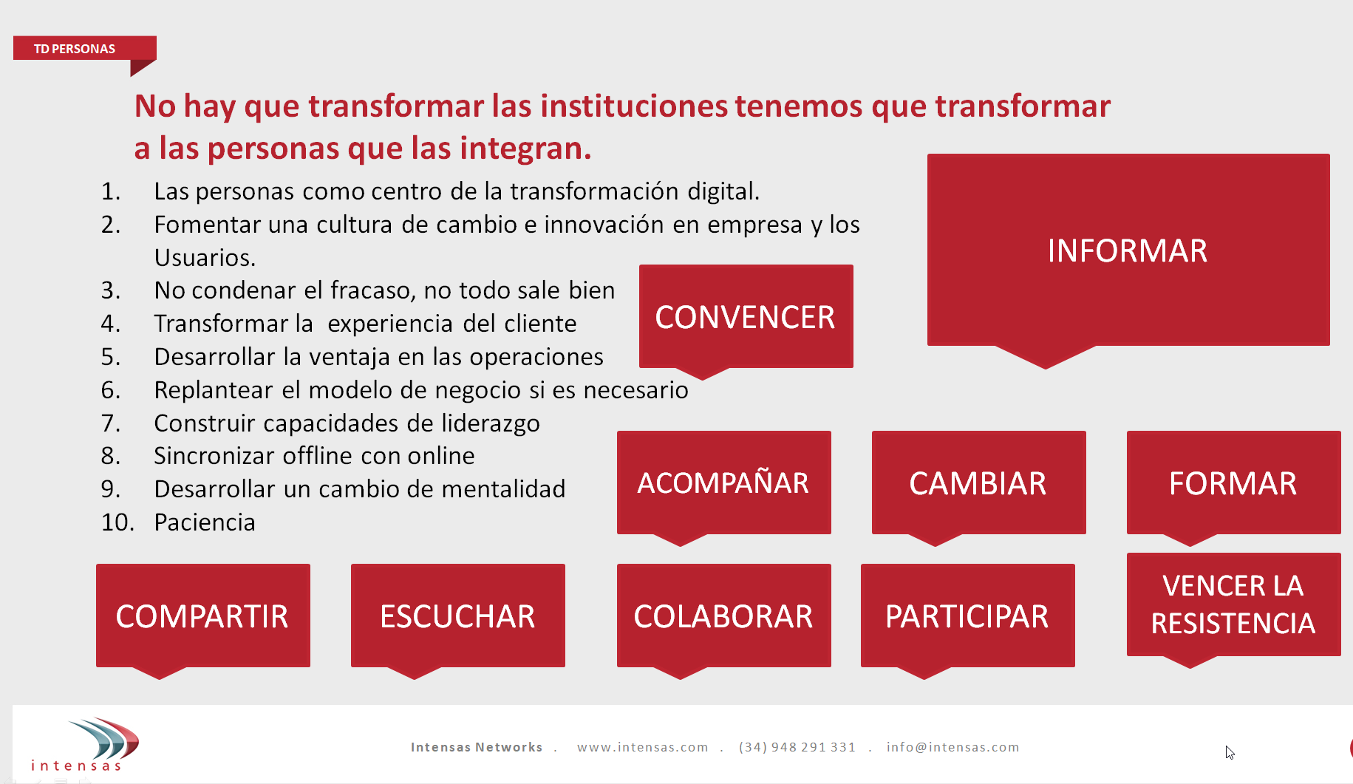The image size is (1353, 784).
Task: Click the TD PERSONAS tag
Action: coord(84,48)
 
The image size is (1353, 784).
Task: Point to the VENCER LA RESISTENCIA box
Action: coord(1234,604)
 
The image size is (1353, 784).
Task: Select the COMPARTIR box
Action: coord(203,616)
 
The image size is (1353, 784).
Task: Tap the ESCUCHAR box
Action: coord(458,616)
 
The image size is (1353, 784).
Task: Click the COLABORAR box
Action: coord(724,616)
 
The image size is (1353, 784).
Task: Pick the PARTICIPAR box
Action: coord(968,616)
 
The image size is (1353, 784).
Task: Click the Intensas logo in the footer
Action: coord(85,744)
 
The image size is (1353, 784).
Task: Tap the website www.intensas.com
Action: coord(643,747)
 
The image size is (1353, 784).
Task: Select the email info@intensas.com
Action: coord(952,747)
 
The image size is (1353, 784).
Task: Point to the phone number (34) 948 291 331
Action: coord(797,747)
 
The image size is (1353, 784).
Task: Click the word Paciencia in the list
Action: coord(205,522)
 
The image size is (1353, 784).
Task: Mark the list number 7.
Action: coord(110,423)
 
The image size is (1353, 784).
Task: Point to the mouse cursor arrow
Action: coord(1230,752)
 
